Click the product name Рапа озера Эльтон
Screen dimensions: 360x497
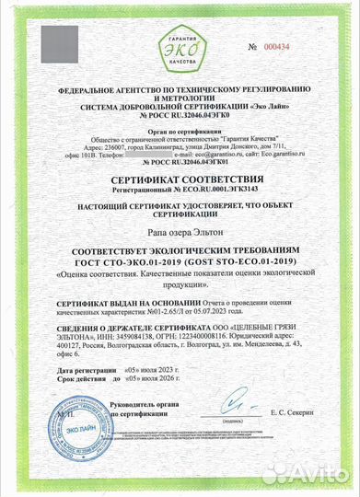[180, 234]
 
